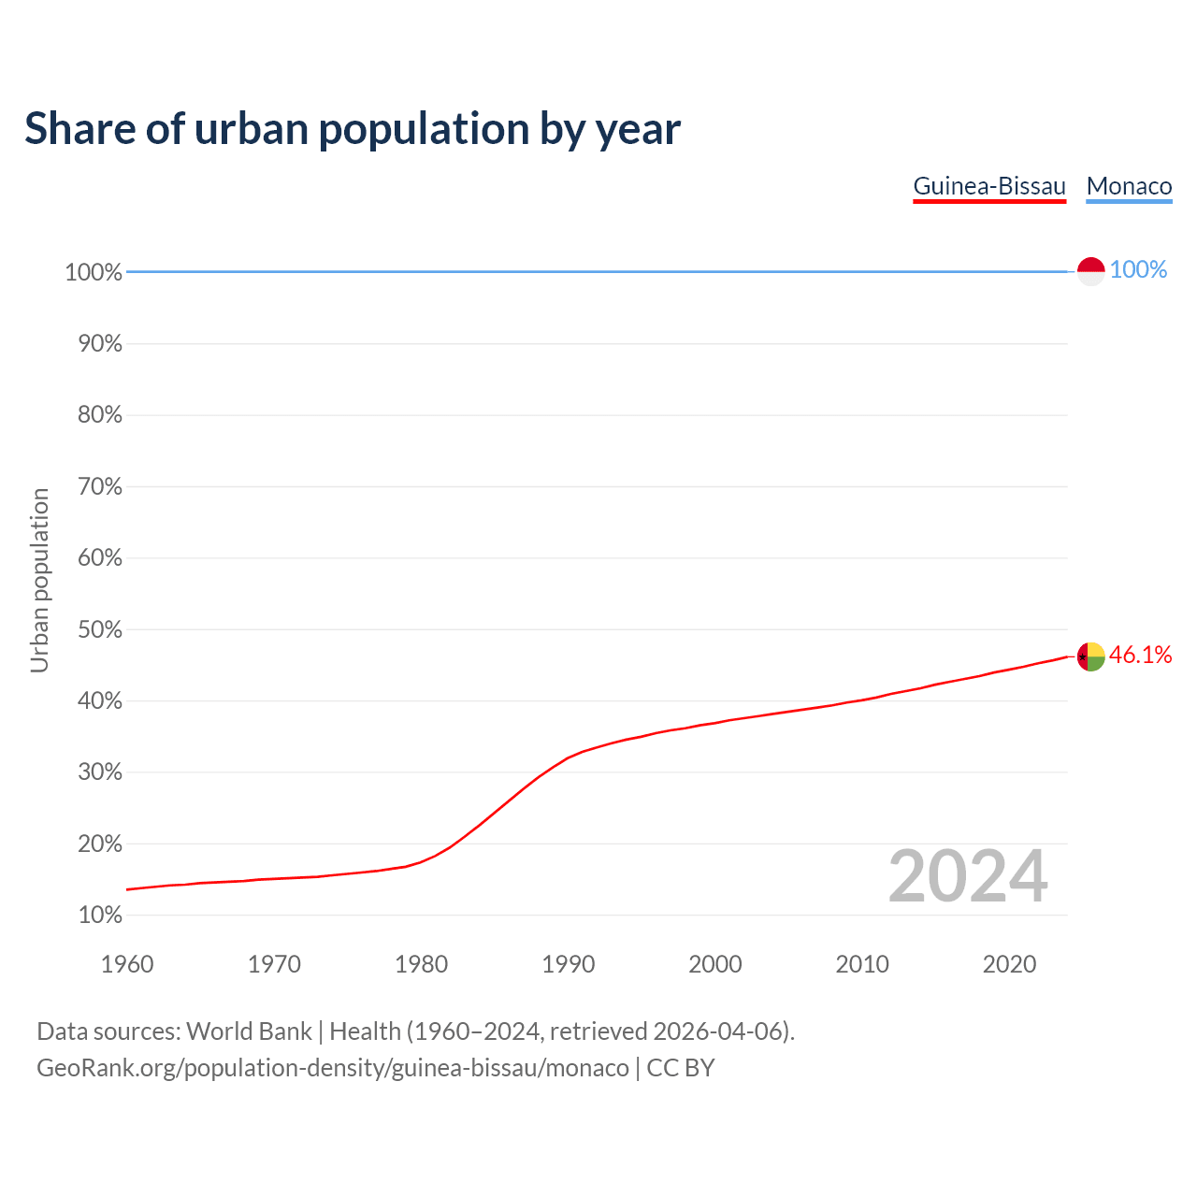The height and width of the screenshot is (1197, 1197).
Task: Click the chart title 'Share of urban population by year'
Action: click(353, 129)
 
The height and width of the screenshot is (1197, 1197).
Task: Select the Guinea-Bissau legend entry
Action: click(989, 186)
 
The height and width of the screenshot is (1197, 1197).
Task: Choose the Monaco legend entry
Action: click(1129, 186)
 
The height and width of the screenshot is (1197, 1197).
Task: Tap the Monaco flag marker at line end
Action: click(1091, 271)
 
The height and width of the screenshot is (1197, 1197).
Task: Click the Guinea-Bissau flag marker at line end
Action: click(1091, 656)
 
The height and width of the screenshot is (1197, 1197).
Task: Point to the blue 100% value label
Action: click(1138, 270)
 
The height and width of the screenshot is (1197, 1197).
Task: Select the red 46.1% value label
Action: click(1140, 656)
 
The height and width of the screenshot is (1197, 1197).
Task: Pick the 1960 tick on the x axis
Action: click(127, 964)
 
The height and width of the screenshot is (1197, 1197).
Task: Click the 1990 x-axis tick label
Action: click(568, 964)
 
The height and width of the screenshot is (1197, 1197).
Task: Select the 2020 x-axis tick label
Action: click(1009, 964)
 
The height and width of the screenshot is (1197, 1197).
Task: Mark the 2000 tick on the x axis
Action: click(715, 964)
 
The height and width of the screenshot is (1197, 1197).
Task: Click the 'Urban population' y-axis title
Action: click(39, 580)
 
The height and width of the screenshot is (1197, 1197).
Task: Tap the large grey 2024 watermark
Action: click(968, 876)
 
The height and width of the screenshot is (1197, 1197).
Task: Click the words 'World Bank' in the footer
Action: click(249, 1031)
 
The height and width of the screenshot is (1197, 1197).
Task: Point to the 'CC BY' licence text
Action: click(681, 1068)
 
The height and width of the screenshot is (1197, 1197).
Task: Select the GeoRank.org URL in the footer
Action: click(332, 1068)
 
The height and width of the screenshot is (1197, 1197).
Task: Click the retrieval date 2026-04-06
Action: click(717, 1031)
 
